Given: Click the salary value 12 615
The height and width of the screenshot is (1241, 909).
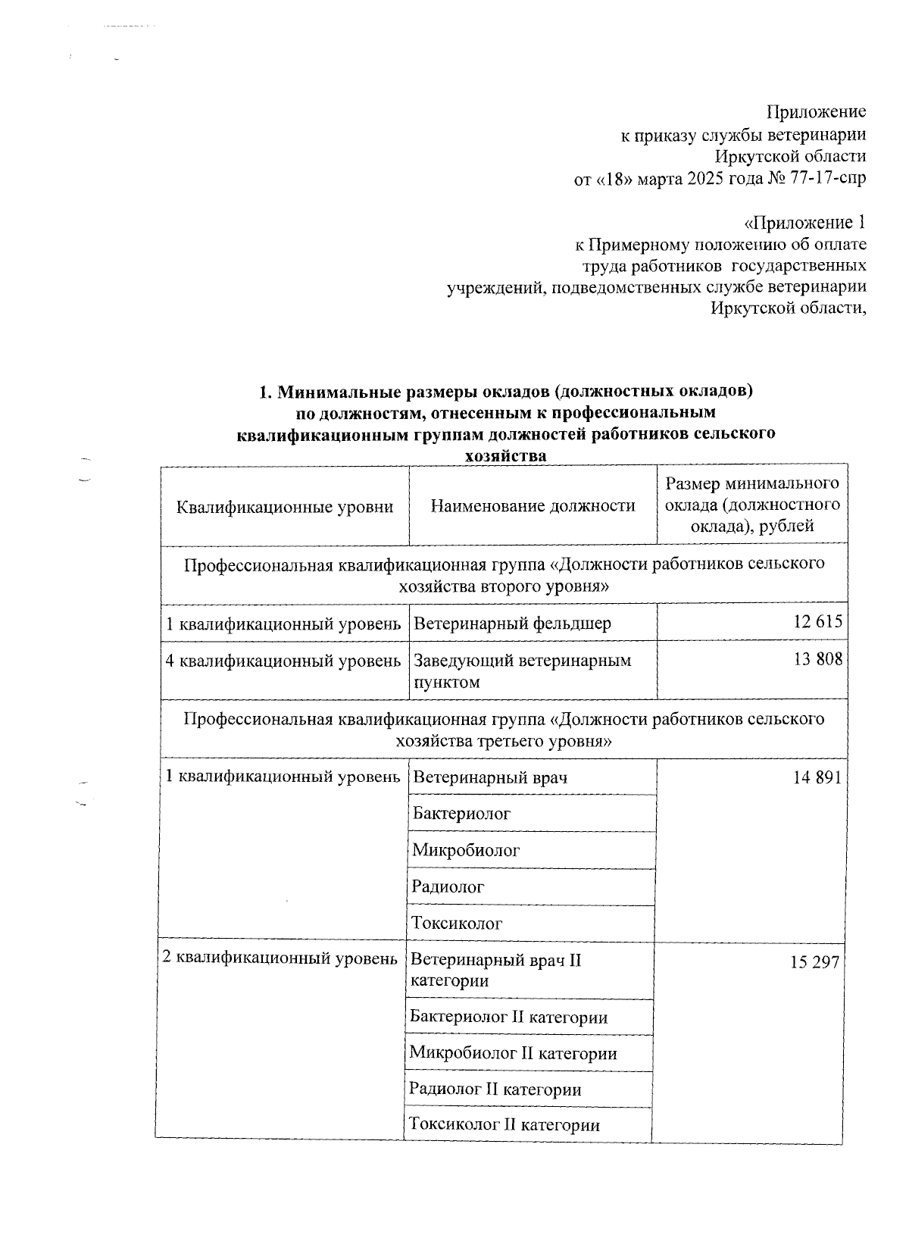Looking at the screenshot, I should pos(817,623).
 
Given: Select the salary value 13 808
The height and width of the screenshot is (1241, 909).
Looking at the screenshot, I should pos(817,660).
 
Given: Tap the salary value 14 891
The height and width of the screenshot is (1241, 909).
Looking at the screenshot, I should pos(817,777).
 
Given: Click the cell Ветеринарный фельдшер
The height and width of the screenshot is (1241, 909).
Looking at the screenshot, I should pos(513,624).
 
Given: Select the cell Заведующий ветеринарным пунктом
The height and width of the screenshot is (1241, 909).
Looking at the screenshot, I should pos(522,671).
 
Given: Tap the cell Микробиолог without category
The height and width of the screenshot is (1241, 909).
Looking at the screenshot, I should pos(465,850).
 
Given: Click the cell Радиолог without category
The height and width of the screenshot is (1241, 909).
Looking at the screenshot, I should pos(448,886).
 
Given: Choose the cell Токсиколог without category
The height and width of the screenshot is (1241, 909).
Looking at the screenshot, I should pos(457,924).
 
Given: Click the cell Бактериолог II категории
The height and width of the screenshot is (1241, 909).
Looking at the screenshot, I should pos(508,1017).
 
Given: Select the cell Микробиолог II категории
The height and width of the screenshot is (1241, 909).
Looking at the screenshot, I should pos(513,1053).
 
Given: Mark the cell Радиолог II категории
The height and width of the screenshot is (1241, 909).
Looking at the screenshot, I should pos(495,1089).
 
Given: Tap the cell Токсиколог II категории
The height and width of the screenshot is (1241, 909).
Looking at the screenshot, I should pos(504,1125).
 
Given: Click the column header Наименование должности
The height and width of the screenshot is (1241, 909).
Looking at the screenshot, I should pos(533,506).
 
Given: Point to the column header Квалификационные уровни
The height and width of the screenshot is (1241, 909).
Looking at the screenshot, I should pos(285,507).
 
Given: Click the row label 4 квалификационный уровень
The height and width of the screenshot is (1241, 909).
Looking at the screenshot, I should pos(283,661).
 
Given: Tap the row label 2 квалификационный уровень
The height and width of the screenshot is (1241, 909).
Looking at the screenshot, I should pos(280,958).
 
